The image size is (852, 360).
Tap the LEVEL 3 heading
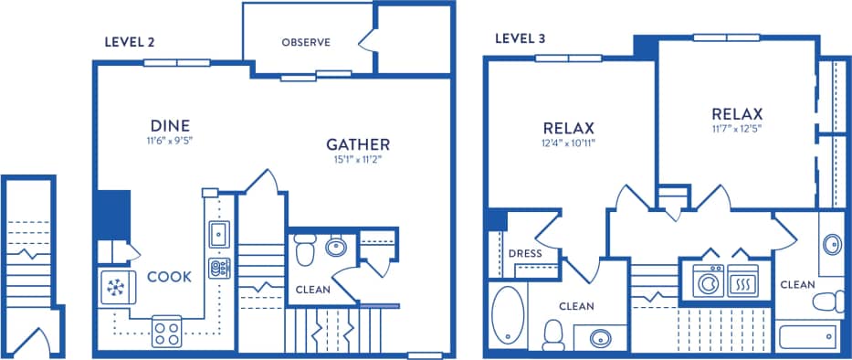(x=521, y=37)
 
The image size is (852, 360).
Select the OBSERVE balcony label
(x=305, y=42)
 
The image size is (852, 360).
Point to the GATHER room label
(x=358, y=144)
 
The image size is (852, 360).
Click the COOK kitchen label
(x=169, y=277)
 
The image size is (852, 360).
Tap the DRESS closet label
(x=526, y=253)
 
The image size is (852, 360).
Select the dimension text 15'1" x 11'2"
(x=358, y=160)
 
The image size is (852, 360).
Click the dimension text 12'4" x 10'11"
(x=568, y=143)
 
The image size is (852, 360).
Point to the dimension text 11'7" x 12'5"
(x=736, y=129)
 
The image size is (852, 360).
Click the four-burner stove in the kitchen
(x=166, y=331)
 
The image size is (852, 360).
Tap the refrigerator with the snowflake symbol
(x=116, y=287)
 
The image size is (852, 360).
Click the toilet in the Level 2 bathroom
(x=306, y=247)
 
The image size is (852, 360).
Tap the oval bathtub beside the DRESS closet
(x=506, y=314)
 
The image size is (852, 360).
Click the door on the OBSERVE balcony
(x=368, y=39)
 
